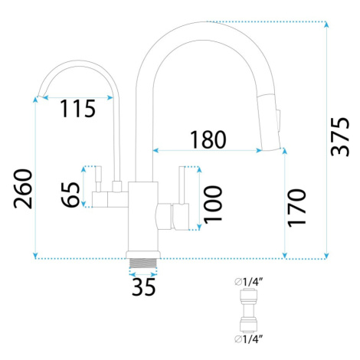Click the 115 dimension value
click(77, 109)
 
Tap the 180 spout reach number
click(208, 139)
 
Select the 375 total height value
click(340, 136)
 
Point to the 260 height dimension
click(23, 188)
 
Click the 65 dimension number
click(70, 195)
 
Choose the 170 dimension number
click(296, 208)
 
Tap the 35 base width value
click(143, 286)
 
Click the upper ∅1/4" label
click(249, 282)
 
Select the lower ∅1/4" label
click(249, 339)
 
